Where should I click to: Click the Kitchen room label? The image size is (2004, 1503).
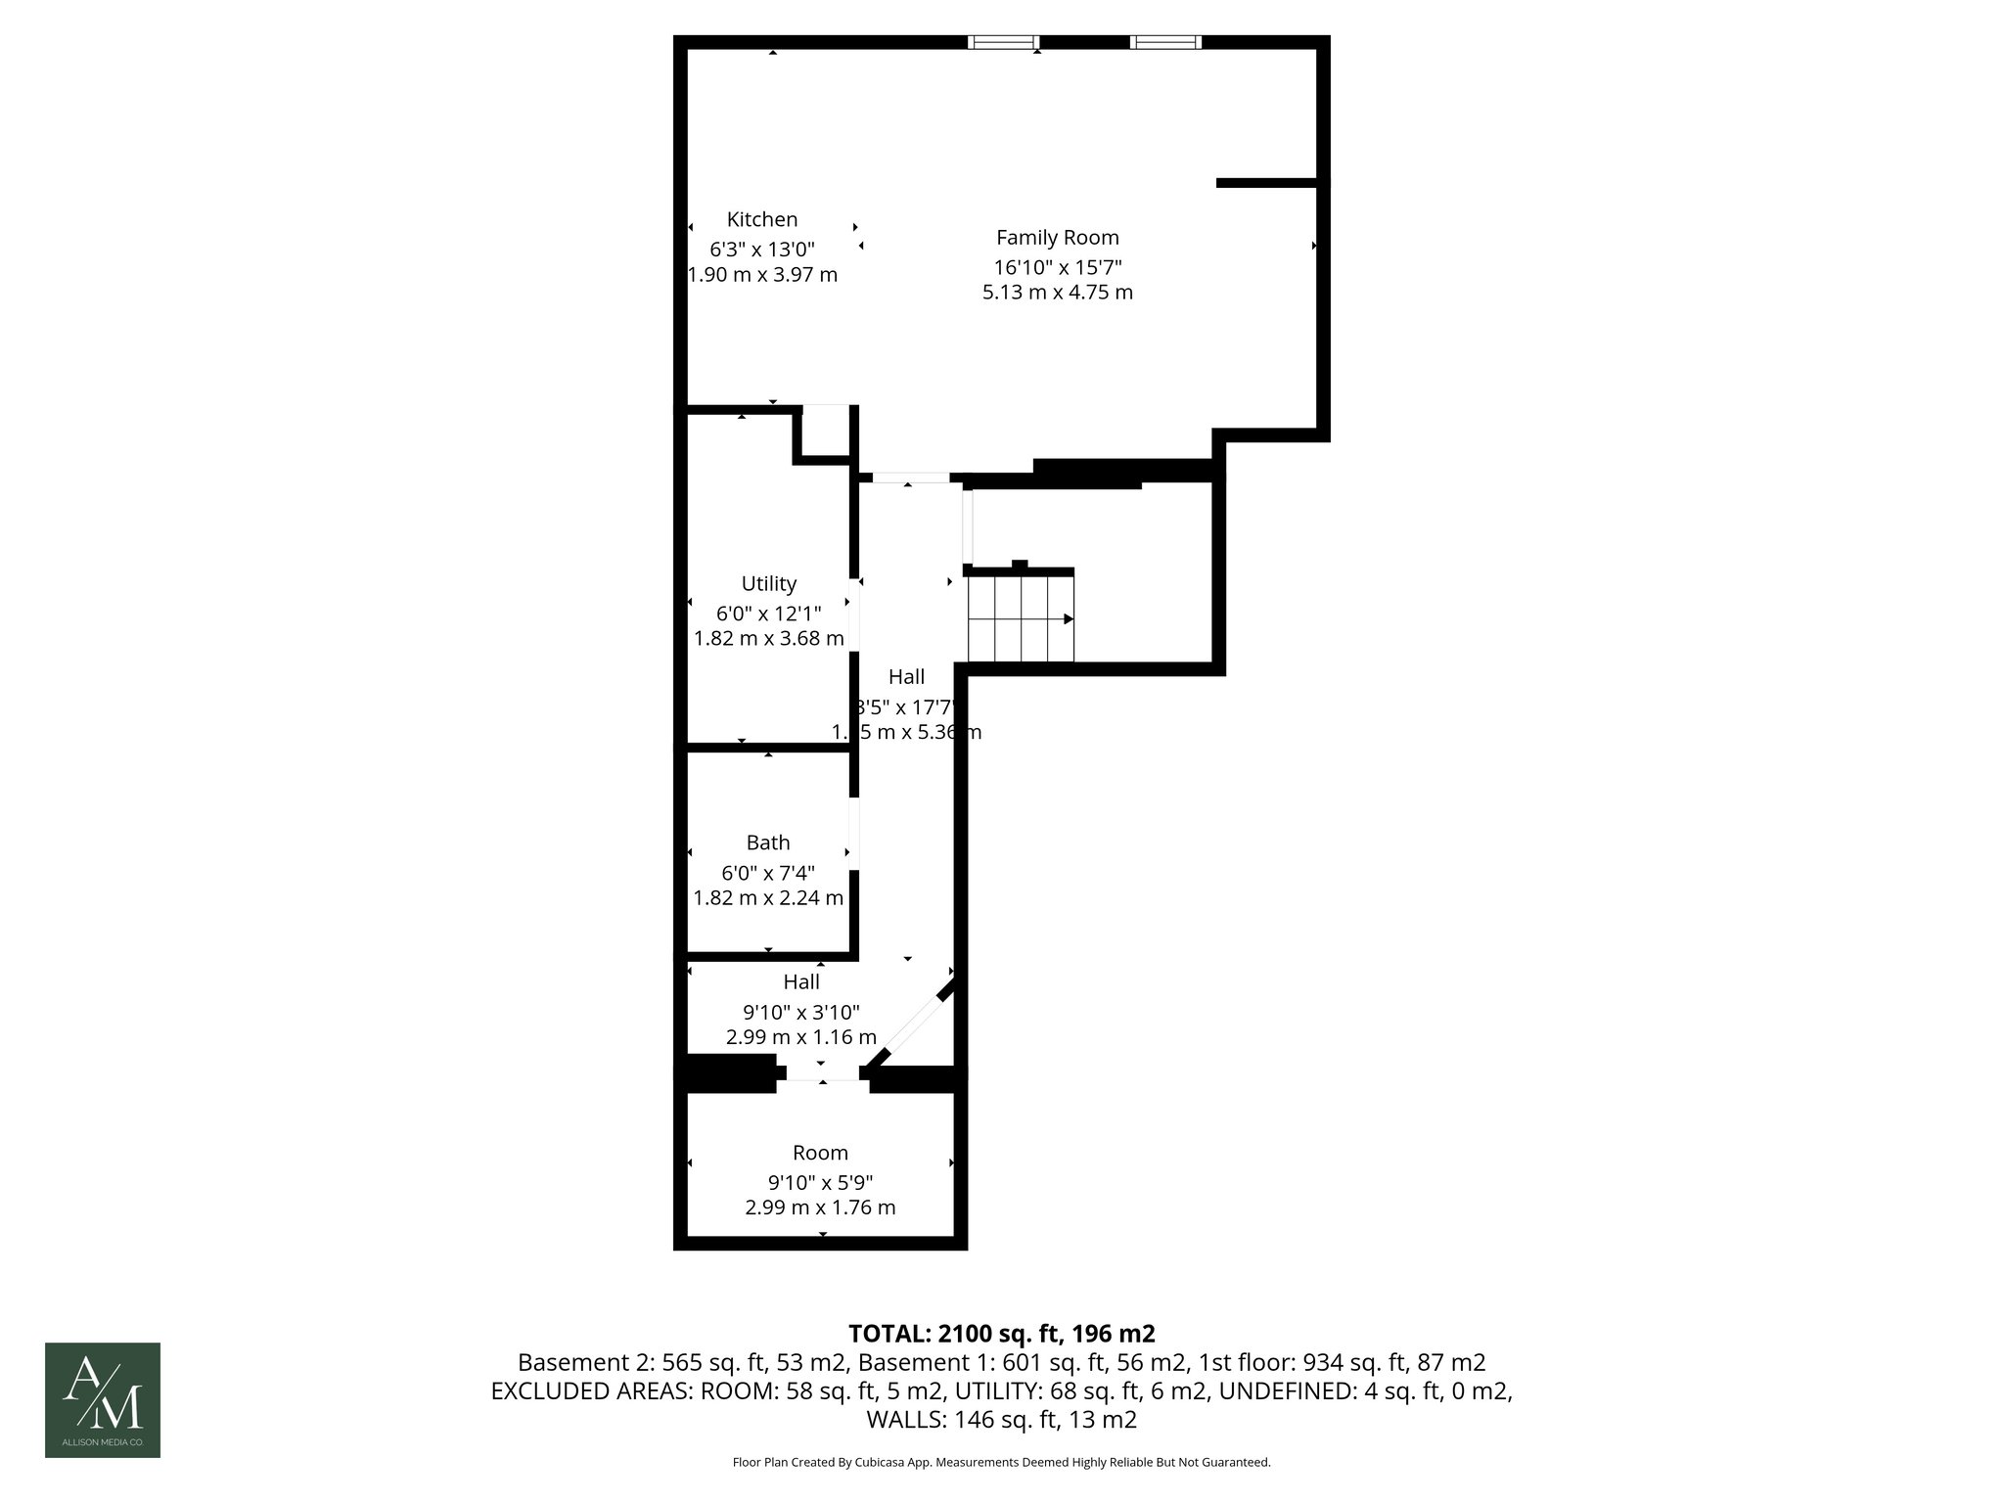coord(761,219)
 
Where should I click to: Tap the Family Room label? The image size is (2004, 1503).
coord(1057,237)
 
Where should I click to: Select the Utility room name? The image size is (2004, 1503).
coord(768,583)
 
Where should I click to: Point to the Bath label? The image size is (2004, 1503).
coord(768,843)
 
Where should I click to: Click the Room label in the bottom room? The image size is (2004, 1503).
coord(820,1153)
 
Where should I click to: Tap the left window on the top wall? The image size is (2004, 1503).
coord(1003,42)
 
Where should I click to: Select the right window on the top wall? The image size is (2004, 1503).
coord(1165,42)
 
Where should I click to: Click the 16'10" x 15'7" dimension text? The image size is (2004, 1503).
coord(1057,266)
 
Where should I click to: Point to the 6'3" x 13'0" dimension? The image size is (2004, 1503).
coord(762,249)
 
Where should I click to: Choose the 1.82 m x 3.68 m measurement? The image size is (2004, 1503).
coord(768,639)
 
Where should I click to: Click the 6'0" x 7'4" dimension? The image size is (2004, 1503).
coord(768,872)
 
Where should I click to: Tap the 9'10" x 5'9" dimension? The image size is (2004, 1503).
coord(820,1181)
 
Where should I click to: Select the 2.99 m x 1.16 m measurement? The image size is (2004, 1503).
coord(800,1037)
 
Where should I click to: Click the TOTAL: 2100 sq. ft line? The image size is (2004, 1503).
coord(1001,1334)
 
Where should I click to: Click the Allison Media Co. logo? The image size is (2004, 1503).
coord(103,1400)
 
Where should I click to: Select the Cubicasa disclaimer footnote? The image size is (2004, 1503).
coord(1001,1462)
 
